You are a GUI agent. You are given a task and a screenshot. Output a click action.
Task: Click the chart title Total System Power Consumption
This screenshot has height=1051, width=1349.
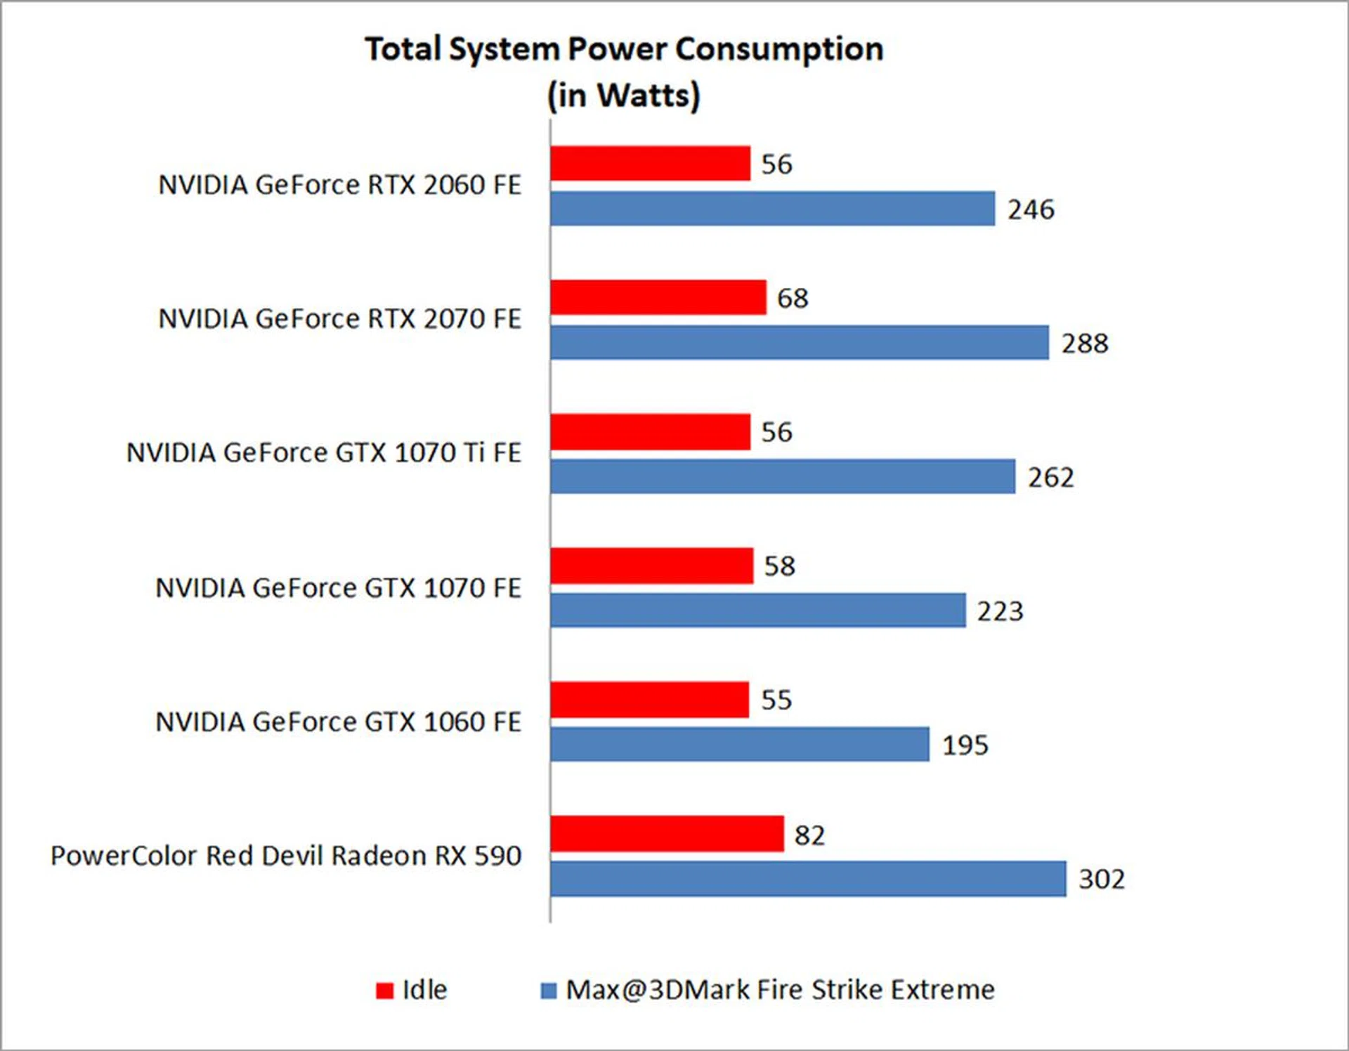[624, 49]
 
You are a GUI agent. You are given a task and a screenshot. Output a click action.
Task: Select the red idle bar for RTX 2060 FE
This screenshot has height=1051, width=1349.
[650, 163]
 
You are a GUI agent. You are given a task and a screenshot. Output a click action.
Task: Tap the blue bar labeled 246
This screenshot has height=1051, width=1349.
[772, 209]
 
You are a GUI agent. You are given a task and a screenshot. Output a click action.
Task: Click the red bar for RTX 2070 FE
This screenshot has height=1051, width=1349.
[658, 297]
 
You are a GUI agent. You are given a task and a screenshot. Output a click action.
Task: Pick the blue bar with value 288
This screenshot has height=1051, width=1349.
[799, 342]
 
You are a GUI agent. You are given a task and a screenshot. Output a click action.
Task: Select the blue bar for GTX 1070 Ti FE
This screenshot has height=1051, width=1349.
[782, 476]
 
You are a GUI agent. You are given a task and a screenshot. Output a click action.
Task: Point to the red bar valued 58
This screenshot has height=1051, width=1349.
[651, 566]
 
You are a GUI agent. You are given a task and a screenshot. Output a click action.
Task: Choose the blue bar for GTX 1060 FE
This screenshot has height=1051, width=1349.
[739, 744]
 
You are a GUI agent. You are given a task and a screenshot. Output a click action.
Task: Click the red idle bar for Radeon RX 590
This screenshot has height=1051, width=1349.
[666, 834]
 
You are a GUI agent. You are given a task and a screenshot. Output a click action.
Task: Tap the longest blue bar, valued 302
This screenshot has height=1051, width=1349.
[808, 878]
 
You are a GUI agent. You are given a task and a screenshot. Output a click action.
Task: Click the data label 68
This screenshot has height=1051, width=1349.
[793, 298]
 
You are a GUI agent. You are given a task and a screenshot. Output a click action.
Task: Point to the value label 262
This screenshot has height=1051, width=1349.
[1051, 478]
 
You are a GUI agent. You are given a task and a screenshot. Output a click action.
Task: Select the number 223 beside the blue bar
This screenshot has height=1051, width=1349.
[1000, 611]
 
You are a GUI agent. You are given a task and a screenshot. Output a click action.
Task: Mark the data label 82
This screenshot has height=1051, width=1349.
[809, 835]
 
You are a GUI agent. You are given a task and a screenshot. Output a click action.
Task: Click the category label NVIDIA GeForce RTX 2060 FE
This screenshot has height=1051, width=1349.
[339, 185]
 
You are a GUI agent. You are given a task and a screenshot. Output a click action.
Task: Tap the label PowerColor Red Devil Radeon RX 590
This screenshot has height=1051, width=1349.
[286, 856]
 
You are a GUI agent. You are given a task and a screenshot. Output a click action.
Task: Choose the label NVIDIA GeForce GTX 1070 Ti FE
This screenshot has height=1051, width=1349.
[323, 452]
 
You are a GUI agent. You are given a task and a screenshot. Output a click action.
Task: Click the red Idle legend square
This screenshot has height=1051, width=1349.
[384, 991]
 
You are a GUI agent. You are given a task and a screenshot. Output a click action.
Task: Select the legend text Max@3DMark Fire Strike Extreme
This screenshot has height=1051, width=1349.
[780, 989]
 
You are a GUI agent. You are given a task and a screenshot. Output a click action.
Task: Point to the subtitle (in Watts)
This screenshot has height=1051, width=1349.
[624, 96]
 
